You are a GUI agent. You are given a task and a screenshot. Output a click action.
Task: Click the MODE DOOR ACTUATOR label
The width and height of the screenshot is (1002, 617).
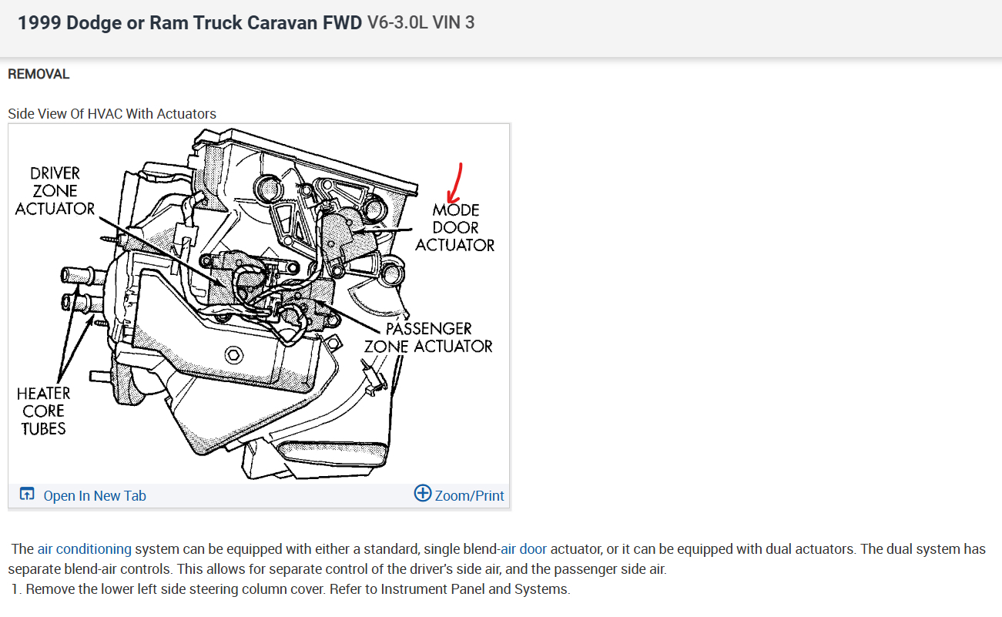(x=455, y=227)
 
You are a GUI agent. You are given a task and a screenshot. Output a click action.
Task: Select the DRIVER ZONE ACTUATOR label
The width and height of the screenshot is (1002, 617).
(x=55, y=191)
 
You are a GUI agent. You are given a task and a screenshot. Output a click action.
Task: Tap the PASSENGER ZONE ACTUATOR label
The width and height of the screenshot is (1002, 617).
(x=428, y=337)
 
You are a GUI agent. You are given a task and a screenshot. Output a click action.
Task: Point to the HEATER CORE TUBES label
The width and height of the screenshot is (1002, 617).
(x=43, y=411)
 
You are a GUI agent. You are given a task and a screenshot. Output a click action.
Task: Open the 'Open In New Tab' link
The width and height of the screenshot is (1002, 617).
(x=94, y=496)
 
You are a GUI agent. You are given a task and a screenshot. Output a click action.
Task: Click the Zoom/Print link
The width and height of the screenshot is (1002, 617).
(x=469, y=496)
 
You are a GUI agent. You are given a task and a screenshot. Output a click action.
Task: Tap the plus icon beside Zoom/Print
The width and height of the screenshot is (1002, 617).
(x=423, y=493)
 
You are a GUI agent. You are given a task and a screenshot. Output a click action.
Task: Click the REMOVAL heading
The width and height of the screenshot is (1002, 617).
(x=39, y=74)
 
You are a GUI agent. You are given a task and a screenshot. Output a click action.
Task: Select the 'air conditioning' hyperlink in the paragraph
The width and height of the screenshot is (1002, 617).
(x=85, y=549)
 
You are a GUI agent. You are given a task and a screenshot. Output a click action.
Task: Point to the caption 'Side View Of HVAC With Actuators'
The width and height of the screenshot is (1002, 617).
(x=112, y=114)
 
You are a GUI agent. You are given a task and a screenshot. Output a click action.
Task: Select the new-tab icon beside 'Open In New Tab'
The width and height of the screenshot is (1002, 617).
(x=27, y=495)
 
